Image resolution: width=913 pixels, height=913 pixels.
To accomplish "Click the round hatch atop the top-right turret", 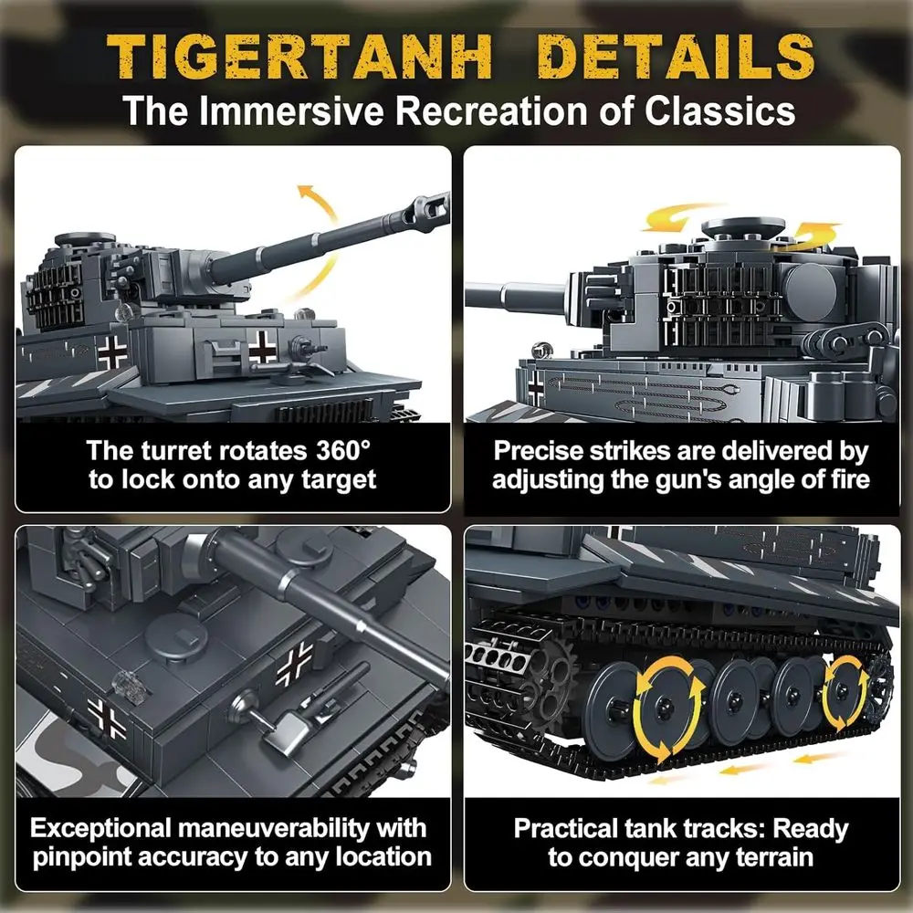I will [742, 227].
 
